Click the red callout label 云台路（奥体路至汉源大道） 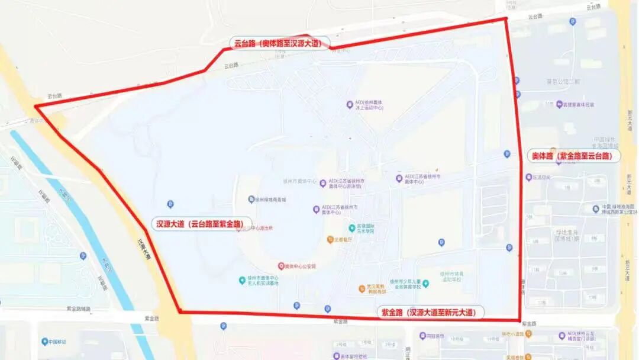click(279, 43)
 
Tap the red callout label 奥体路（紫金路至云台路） click(574, 156)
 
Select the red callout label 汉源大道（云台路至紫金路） click(202, 224)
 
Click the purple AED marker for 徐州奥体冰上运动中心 click(350, 105)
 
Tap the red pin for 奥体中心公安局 click(282, 266)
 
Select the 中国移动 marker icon click(44, 342)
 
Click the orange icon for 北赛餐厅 click(330, 240)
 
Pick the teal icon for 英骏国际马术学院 click(352, 228)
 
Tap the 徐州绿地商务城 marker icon click(251, 200)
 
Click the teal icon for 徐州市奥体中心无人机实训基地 click(242, 280)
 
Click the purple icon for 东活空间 click(528, 177)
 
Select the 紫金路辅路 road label click(79, 308)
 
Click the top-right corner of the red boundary click(506, 18)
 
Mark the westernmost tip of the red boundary click(35, 107)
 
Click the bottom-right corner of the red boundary click(519, 320)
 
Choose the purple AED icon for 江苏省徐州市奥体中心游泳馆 click(323, 183)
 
